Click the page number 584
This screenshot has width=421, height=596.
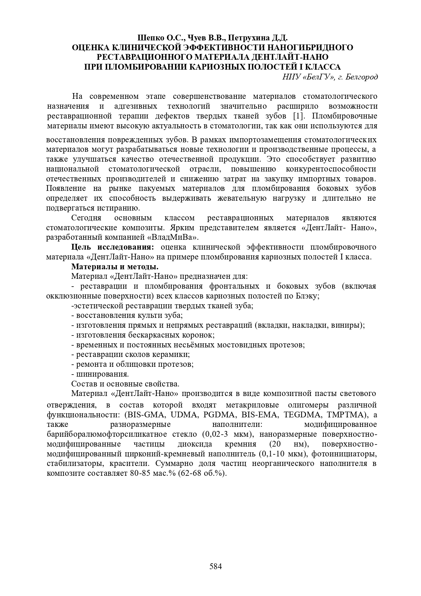pyautogui.click(x=215, y=566)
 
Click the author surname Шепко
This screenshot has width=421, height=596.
pyautogui.click(x=148, y=38)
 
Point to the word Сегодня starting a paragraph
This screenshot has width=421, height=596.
pyautogui.click(x=86, y=218)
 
